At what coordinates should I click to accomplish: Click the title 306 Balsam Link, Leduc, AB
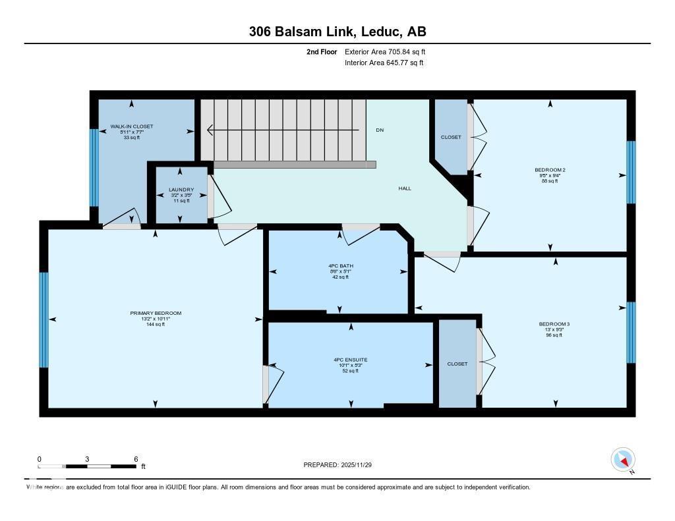click(337, 32)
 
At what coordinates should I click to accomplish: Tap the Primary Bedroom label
click(156, 313)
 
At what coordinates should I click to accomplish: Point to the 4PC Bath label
click(340, 266)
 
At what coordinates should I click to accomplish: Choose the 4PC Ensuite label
click(350, 360)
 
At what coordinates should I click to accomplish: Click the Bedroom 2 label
click(550, 170)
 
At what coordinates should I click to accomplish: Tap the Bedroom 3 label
click(554, 324)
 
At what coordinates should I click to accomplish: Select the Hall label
click(405, 188)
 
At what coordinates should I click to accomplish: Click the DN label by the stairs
click(380, 130)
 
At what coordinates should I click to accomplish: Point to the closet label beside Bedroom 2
click(451, 137)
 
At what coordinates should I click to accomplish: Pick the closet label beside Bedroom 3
click(457, 364)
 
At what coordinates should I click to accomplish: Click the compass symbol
click(623, 459)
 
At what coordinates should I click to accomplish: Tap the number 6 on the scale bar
click(135, 459)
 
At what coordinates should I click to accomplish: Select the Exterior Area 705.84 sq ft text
click(390, 51)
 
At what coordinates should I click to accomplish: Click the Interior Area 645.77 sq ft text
click(384, 63)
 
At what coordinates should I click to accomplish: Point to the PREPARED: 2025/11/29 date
click(342, 465)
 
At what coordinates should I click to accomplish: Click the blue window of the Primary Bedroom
click(44, 319)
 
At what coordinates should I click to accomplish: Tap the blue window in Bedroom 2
click(631, 172)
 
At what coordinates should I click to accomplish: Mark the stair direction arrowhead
click(210, 130)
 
